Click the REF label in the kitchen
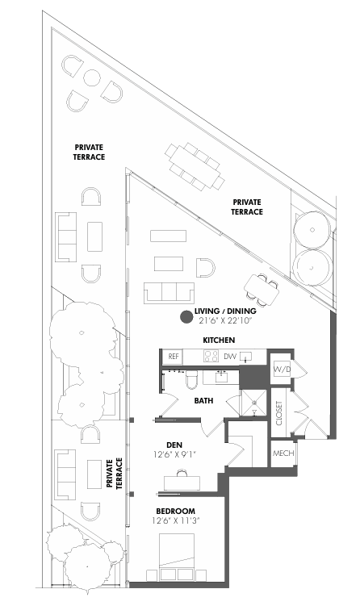173,356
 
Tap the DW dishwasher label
230,356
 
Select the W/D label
282,369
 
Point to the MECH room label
283,453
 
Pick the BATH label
203,400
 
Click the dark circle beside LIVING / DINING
185,318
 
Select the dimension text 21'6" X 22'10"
225,321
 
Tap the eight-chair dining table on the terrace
194,165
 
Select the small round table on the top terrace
91,78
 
